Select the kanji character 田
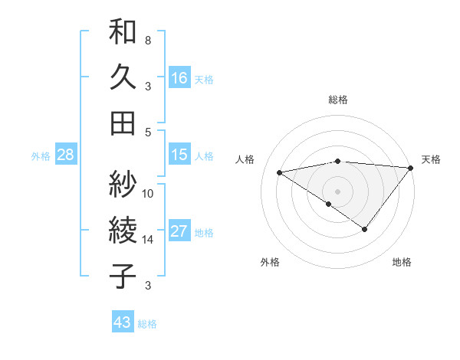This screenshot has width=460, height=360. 123,123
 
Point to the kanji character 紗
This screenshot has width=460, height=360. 123,185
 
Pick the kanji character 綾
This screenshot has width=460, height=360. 123,231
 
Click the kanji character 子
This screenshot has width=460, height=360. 123,277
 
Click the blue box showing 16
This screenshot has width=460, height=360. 179,77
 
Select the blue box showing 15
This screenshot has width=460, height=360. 179,155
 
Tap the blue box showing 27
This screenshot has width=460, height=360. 179,231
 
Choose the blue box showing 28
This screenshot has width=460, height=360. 66,155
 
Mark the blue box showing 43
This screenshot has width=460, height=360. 123,322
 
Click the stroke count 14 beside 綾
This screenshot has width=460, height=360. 148,240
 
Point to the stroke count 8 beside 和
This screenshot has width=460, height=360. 148,40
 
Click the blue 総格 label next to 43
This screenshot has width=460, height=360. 147,324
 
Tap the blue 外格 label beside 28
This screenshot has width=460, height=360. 41,156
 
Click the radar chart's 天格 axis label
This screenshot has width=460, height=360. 431,159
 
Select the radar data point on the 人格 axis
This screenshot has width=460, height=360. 280,172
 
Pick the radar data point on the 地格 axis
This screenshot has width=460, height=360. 365,229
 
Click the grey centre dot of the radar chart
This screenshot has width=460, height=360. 337,189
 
